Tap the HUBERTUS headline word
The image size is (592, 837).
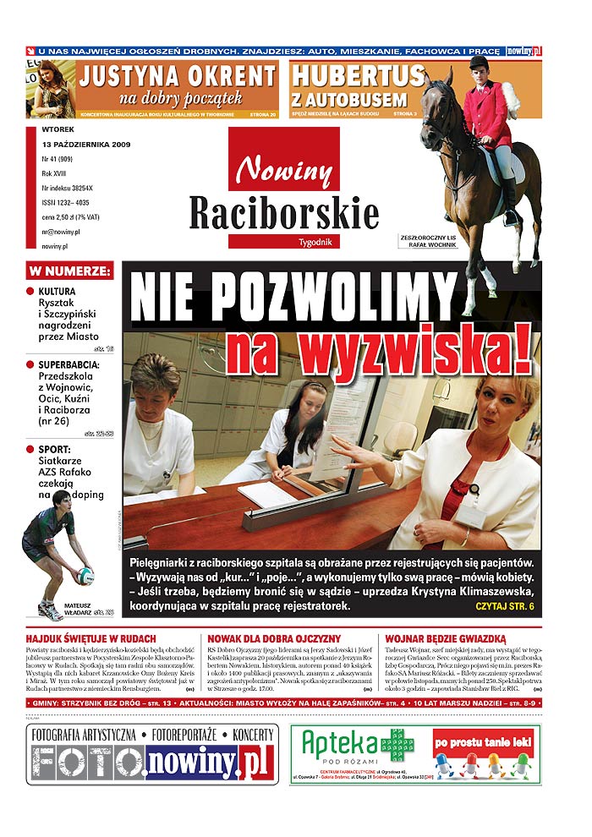pos(357,75)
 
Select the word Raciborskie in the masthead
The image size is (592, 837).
pos(284,212)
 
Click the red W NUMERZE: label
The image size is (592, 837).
pos(69,271)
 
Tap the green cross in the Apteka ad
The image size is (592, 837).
pos(396,745)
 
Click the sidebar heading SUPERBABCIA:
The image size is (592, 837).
pos(69,365)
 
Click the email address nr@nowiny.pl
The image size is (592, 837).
pos(61,231)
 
